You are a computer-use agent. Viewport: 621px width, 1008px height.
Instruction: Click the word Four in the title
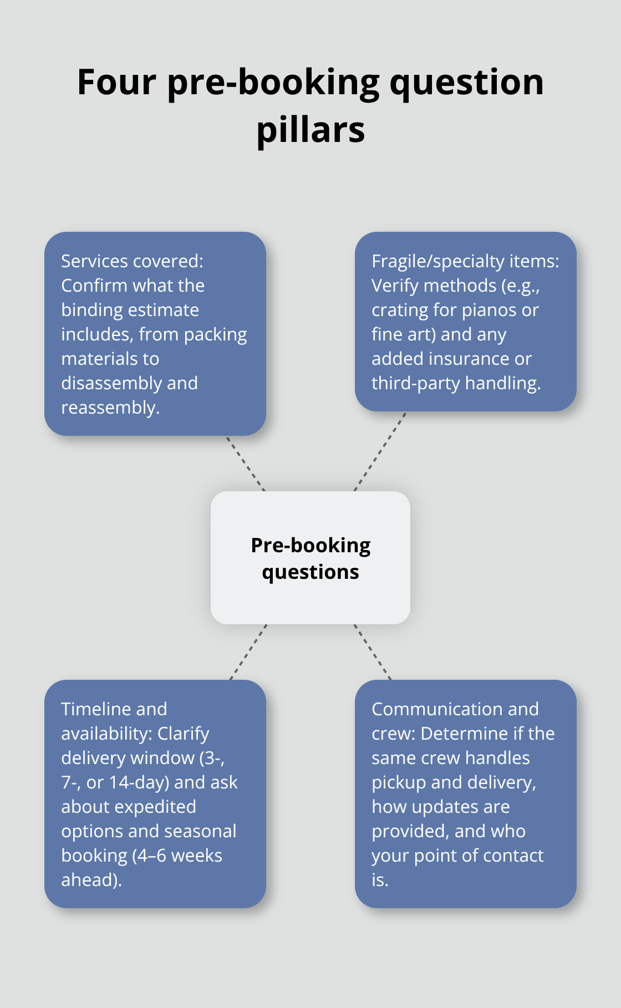[x=117, y=82]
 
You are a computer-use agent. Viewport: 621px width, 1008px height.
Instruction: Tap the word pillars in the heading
[x=310, y=130]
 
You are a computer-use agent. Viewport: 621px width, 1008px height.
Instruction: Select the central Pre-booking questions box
[x=310, y=558]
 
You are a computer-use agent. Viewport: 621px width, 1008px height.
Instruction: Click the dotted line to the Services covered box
[x=246, y=464]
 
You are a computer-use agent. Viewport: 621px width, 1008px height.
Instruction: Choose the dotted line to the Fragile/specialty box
[x=380, y=451]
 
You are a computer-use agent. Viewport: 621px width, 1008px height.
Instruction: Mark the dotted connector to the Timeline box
[x=248, y=652]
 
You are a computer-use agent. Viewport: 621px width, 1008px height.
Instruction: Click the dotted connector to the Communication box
[x=373, y=652]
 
